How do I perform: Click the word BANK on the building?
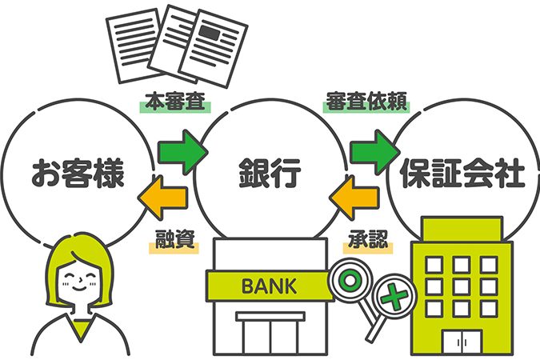tap(269, 286)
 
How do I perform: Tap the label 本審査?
tap(175, 102)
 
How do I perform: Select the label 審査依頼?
tap(366, 102)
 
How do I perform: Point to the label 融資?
tap(174, 239)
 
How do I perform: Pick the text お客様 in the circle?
tap(78, 172)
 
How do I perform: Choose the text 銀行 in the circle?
tap(270, 172)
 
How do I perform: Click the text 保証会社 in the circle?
tap(462, 172)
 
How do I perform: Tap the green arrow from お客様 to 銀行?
tap(182, 152)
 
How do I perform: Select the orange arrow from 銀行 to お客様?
tap(163, 198)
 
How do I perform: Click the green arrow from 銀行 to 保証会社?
tap(375, 152)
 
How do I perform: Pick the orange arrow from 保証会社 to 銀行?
tap(354, 198)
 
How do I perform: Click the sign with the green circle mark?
tap(350, 281)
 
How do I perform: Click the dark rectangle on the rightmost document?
tap(210, 33)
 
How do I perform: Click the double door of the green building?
tap(462, 342)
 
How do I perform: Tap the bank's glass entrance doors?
tap(270, 337)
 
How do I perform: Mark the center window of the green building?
tap(462, 287)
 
